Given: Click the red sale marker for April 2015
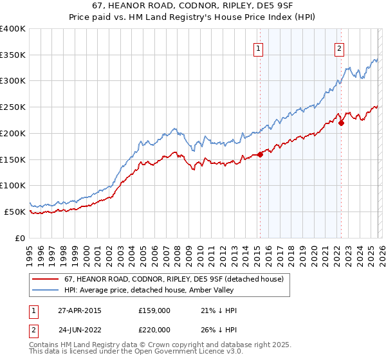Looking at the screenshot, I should point(261,154).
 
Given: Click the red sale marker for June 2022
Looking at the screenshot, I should point(341,123).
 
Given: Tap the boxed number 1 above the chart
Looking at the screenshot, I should point(258,48).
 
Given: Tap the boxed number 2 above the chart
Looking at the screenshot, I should point(339,48).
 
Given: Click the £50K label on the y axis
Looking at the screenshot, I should point(15,212).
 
